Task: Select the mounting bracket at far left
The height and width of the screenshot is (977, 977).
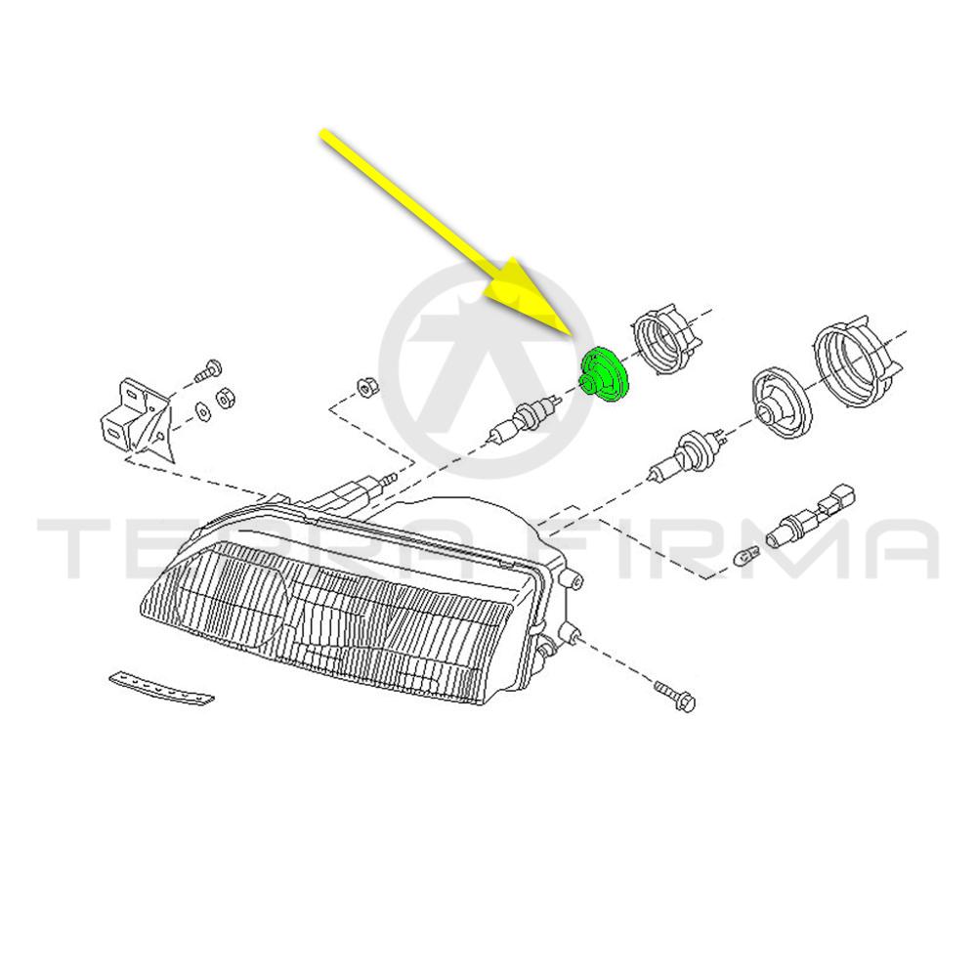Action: pos(137,418)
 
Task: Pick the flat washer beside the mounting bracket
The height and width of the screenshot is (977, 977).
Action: pos(202,410)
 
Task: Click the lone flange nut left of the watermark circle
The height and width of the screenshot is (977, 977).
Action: pos(363,386)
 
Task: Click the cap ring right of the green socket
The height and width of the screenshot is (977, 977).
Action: pos(664,339)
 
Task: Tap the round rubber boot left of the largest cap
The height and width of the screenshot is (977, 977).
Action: pos(782,402)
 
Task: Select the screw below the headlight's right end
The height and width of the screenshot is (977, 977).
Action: pos(675,697)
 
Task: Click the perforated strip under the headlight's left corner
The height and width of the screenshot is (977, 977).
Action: pos(161,689)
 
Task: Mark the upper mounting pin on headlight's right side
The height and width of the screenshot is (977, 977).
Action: pos(573,578)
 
